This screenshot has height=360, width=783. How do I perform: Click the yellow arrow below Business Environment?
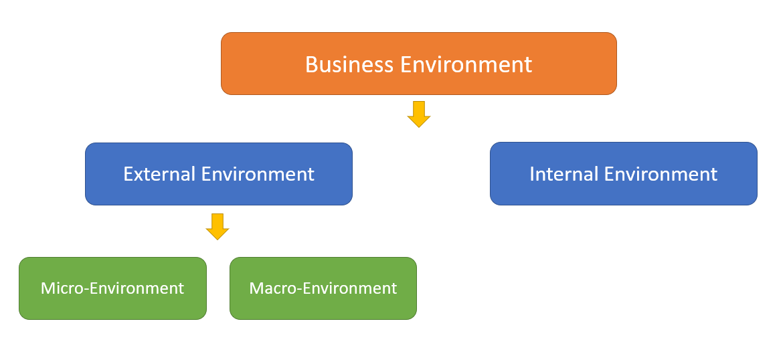418,114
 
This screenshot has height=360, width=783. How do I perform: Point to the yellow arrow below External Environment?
217,227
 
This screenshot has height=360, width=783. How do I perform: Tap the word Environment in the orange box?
466,64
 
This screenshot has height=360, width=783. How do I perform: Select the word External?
159,174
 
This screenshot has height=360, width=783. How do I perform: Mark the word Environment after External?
258,174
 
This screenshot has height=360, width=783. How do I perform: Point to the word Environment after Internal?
661,174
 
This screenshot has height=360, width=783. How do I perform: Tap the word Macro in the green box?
271,288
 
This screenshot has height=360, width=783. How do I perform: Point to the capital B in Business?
312,64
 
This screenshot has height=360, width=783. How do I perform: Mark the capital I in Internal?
532,174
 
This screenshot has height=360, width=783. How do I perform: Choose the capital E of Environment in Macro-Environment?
304,288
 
